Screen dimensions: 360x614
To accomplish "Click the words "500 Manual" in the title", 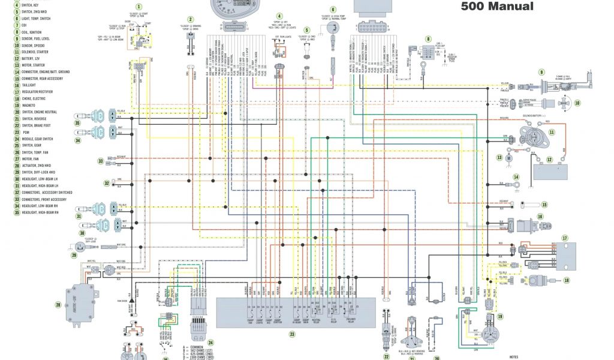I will point(496,7).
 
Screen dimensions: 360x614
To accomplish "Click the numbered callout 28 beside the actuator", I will point(58,305).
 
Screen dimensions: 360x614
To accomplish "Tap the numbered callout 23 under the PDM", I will point(291,334).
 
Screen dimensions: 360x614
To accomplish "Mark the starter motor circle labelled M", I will point(508,157).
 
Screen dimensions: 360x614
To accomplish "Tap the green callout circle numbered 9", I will point(541,72).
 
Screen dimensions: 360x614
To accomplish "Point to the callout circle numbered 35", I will point(77,123).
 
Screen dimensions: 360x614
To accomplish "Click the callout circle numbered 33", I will point(101,161).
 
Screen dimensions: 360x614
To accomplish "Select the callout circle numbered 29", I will point(74,255).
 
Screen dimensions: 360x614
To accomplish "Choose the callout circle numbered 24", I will point(210,343).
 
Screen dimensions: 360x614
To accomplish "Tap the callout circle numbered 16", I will point(540,217).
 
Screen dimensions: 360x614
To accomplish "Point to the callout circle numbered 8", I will point(428,39).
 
